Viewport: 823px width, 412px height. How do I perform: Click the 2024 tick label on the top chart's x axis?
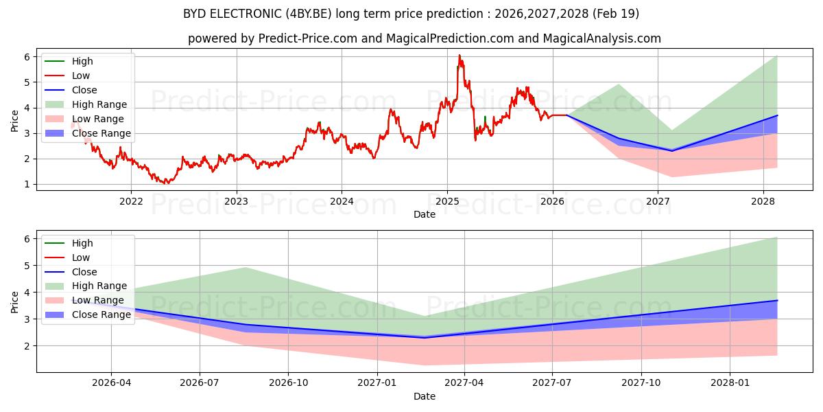(342, 201)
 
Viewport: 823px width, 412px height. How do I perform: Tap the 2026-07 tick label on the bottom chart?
(200, 383)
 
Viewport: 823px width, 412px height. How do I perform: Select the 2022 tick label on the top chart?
(131, 201)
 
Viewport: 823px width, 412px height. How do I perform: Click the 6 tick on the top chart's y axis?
(26, 56)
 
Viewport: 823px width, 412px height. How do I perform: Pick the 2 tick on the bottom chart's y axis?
(26, 346)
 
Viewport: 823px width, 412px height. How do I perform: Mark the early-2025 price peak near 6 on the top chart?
(460, 55)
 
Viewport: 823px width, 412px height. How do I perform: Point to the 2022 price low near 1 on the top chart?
(165, 183)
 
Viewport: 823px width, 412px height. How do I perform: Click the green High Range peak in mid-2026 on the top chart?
(619, 84)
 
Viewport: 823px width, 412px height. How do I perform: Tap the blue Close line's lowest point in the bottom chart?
(425, 337)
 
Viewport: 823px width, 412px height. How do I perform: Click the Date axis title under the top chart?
(424, 215)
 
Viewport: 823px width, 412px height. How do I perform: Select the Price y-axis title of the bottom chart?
(15, 301)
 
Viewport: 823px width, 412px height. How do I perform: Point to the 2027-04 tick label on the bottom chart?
(464, 383)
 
